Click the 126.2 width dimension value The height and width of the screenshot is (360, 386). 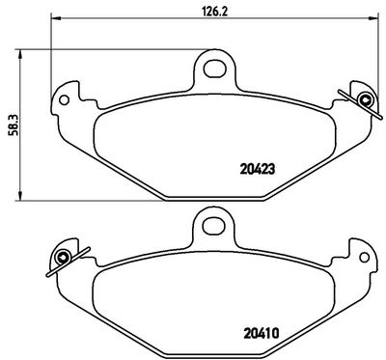215,11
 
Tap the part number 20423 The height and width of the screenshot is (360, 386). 258,169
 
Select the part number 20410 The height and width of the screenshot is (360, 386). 262,333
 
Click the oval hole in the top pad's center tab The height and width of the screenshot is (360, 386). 214,69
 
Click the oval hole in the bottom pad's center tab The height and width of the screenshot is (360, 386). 214,227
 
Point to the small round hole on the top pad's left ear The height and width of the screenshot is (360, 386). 65,99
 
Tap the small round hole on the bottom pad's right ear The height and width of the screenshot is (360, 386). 365,257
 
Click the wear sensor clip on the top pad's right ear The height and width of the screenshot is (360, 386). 362,103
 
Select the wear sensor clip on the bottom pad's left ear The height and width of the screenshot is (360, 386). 66,261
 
